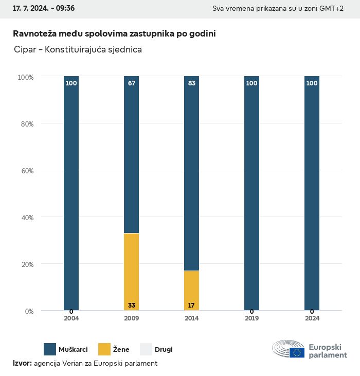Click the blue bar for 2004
point(71,193)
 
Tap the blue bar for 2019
point(251,193)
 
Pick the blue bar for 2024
point(312,193)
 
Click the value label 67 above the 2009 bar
point(132,83)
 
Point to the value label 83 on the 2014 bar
point(191,83)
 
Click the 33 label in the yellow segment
point(132,306)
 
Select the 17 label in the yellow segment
point(191,306)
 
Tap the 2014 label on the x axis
point(191,318)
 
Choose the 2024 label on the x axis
point(312,318)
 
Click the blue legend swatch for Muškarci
point(50,349)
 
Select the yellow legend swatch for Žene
point(104,349)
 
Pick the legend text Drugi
point(164,350)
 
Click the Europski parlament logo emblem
point(289,349)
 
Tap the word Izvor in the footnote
point(22,363)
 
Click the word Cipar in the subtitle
point(25,50)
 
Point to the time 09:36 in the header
point(66,9)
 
